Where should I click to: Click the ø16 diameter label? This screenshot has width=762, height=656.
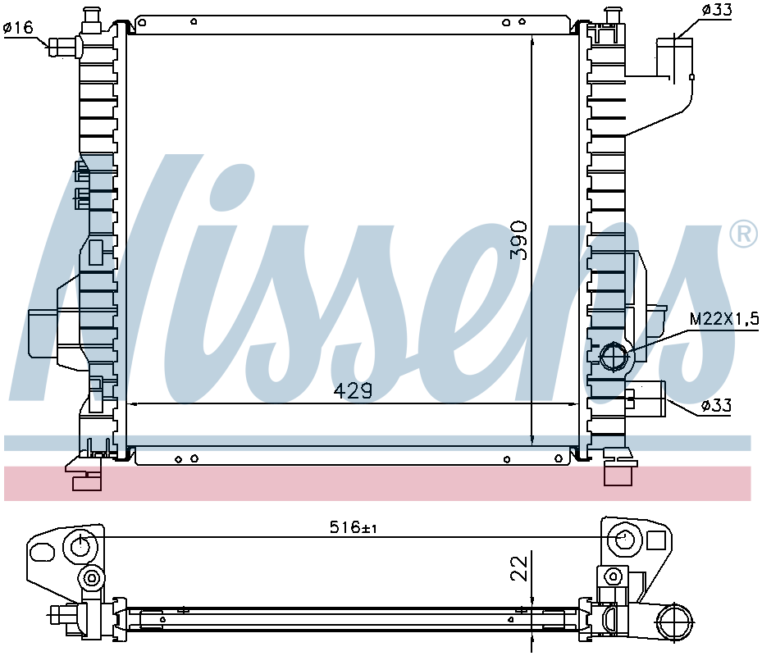coord(18,28)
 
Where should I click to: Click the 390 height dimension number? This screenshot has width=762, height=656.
coord(518,240)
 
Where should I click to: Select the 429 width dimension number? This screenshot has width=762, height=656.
coord(354,390)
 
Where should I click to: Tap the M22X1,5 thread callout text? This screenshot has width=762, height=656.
coord(724,319)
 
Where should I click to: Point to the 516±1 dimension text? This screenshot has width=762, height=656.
coord(354,527)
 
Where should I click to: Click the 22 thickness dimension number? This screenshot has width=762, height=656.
coord(519,568)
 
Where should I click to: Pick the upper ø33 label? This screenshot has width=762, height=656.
coord(716,10)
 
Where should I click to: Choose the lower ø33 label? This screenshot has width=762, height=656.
coord(716,405)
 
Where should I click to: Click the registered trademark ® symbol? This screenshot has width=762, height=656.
coord(743,235)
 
